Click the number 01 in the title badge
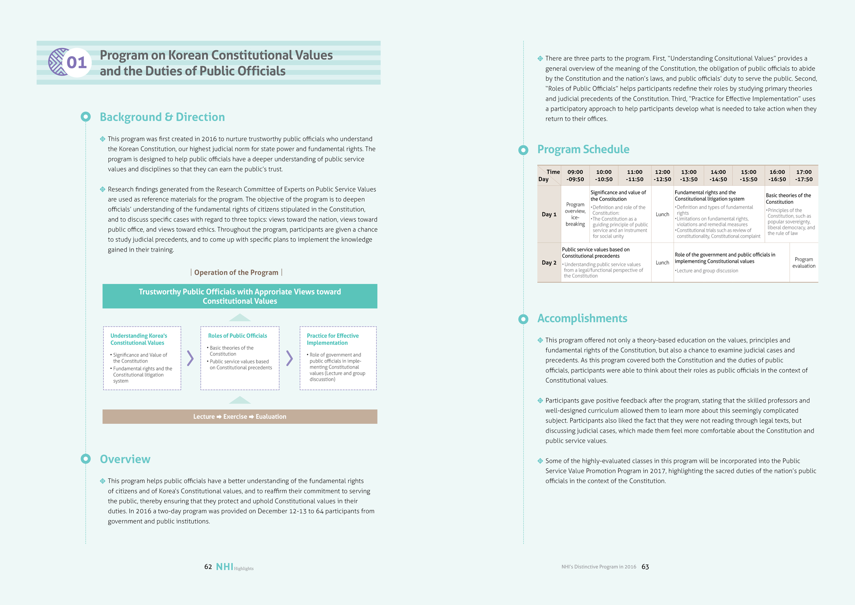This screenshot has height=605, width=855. click(76, 62)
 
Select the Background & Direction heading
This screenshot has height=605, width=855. click(162, 117)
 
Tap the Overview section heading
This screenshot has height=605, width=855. click(125, 459)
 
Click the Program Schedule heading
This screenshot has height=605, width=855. click(583, 149)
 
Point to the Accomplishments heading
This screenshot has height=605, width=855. click(582, 318)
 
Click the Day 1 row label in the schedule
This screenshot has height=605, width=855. click(549, 214)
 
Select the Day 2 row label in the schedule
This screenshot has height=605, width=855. click(549, 263)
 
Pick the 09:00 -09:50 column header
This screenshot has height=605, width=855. click(575, 176)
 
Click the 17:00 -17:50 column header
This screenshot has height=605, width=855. click(804, 176)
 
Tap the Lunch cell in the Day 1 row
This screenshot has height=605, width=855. click(662, 214)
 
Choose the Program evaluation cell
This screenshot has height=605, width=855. click(804, 263)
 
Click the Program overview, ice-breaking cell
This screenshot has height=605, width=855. click(575, 214)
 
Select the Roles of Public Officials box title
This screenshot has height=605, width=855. click(237, 336)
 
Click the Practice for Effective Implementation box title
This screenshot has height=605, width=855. click(332, 339)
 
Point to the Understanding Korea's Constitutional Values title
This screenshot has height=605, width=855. click(138, 339)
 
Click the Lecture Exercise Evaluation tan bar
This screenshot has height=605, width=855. click(240, 416)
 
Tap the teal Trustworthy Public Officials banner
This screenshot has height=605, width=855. click(240, 296)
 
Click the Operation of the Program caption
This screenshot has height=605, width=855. click(236, 272)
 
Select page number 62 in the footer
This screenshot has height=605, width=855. click(208, 567)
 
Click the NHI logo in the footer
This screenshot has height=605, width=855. click(225, 567)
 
